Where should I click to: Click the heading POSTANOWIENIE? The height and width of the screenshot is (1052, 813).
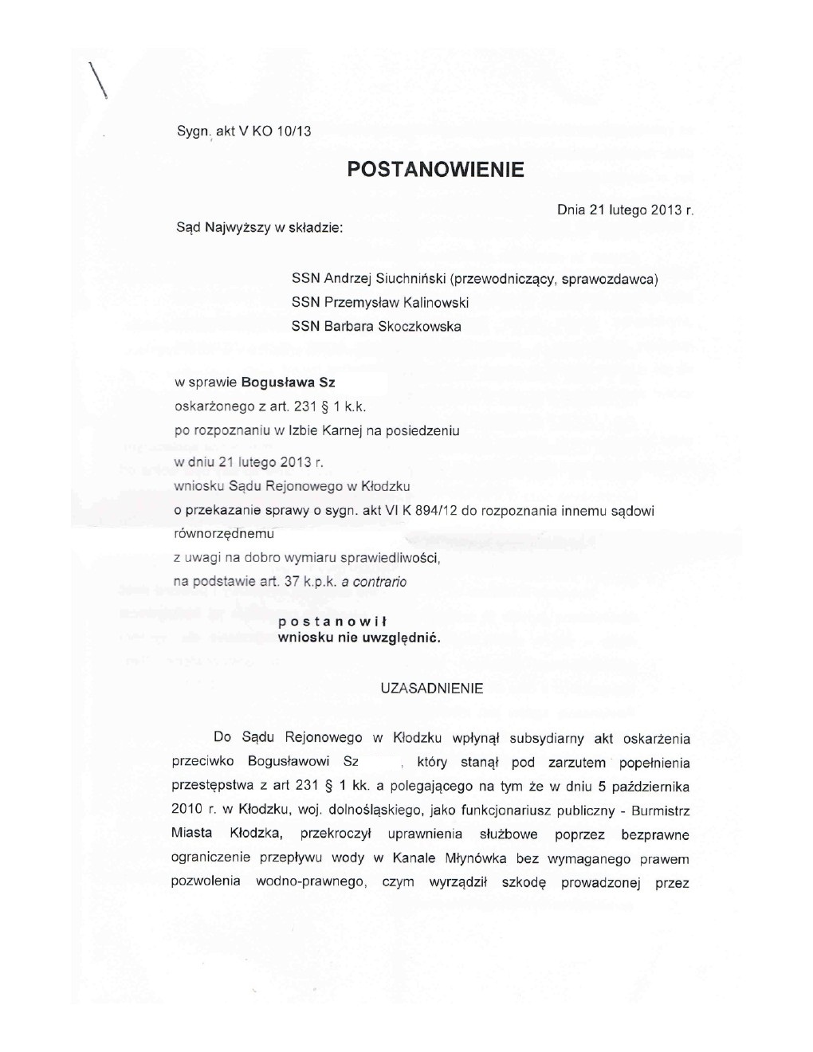[436, 170]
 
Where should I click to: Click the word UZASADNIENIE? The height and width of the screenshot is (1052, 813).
[432, 689]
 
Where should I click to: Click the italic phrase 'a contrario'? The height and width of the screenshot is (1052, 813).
[374, 582]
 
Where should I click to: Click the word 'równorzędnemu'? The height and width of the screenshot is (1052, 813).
[224, 534]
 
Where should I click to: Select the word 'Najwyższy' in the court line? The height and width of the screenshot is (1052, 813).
[238, 228]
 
